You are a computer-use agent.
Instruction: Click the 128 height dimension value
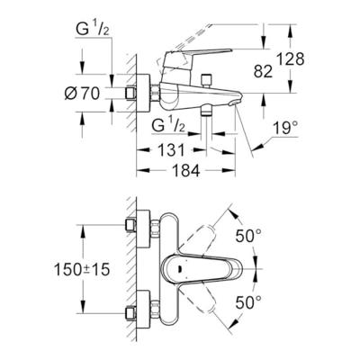tap(290, 59)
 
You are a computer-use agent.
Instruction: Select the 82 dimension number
tap(263, 71)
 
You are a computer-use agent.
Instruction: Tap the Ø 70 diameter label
tap(82, 94)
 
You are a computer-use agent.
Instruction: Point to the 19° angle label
tap(286, 128)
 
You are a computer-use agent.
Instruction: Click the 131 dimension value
tap(171, 150)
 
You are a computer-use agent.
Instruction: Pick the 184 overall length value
tap(186, 171)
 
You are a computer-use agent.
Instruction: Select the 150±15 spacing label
tap(82, 269)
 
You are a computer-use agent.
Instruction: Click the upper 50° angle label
tap(248, 236)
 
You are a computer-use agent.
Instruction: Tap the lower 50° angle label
tap(248, 302)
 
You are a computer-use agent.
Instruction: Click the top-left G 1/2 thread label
tap(92, 30)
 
